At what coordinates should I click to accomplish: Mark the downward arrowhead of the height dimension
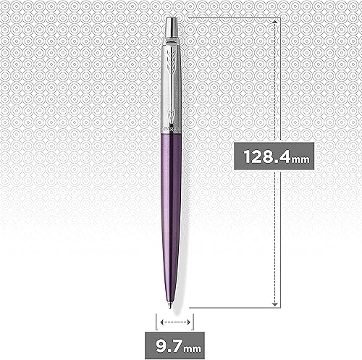(275, 303)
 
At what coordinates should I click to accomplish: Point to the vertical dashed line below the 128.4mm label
(275, 232)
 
